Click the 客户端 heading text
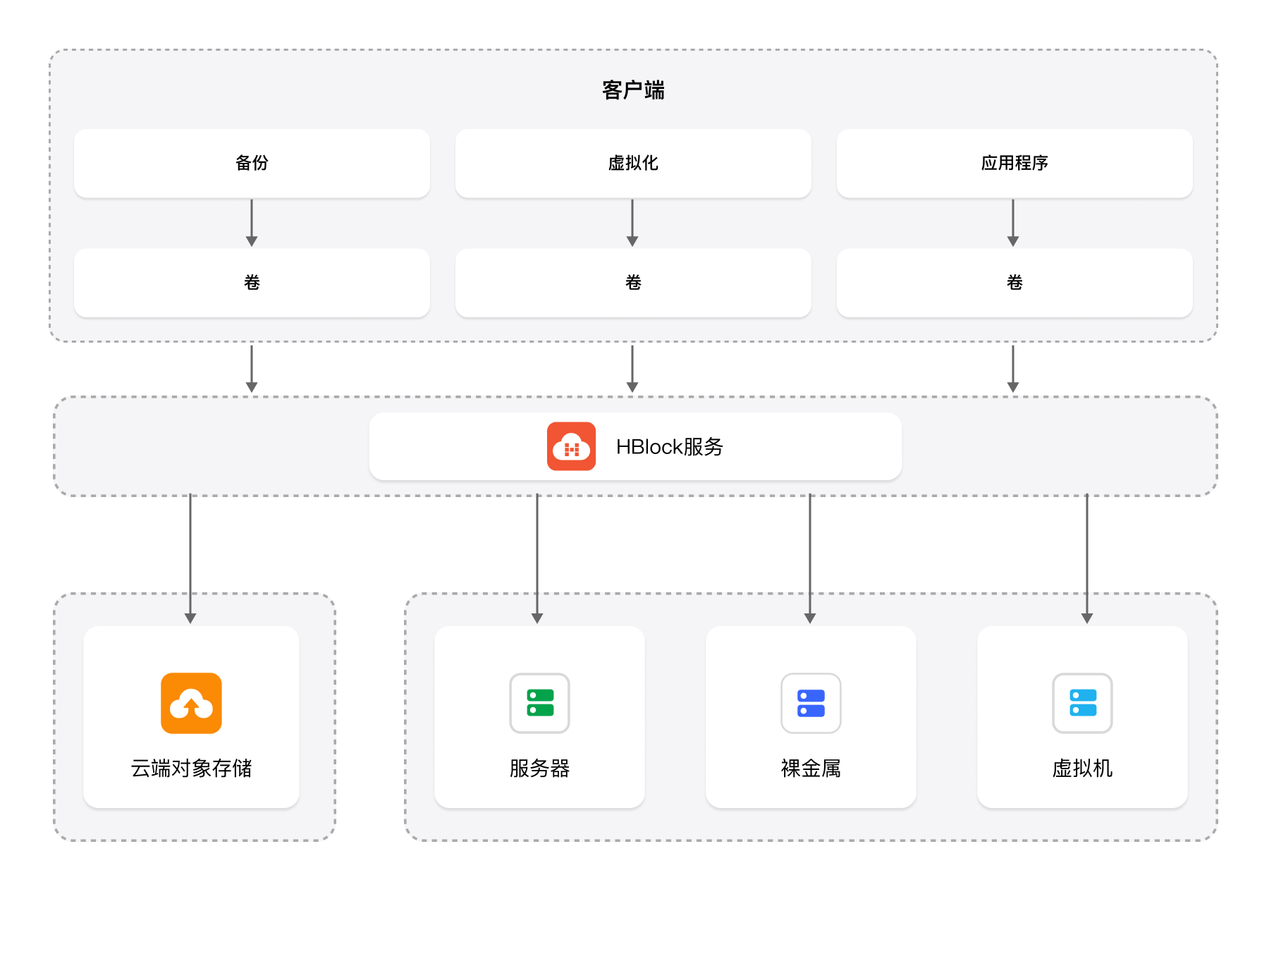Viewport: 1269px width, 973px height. click(x=633, y=90)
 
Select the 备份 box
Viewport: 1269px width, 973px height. click(x=252, y=163)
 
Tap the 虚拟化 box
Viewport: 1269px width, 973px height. click(x=633, y=163)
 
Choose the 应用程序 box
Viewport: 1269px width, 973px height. click(x=1014, y=163)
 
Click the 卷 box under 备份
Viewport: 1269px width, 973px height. click(x=252, y=283)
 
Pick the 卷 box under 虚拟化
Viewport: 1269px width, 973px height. click(x=633, y=283)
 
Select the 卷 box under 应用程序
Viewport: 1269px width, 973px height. click(x=1014, y=283)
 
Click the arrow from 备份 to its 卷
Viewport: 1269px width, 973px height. click(x=252, y=223)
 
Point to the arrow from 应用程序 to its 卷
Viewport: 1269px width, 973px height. click(x=1013, y=223)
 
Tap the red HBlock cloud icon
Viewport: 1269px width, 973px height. click(x=571, y=446)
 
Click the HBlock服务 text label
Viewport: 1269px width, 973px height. click(x=670, y=446)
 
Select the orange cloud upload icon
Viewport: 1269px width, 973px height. click(x=191, y=703)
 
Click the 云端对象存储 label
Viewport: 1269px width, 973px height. click(x=191, y=768)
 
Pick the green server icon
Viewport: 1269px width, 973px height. click(x=540, y=703)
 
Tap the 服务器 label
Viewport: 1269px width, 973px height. click(x=540, y=768)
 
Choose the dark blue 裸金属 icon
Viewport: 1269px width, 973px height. click(x=811, y=703)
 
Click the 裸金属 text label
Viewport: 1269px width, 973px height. click(x=811, y=768)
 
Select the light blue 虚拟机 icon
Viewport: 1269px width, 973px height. click(x=1083, y=703)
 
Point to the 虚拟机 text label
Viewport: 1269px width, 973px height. click(x=1083, y=768)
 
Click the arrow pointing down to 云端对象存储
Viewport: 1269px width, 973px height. click(x=190, y=558)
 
